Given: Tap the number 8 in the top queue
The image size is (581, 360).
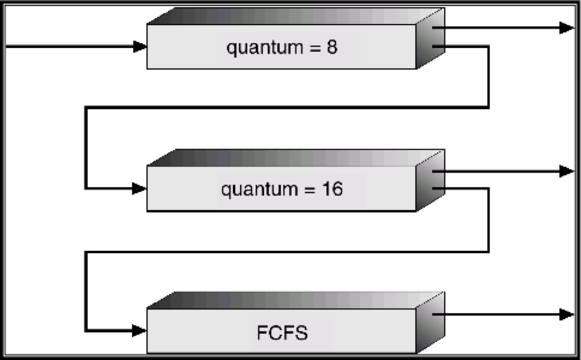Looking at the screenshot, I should (332, 47).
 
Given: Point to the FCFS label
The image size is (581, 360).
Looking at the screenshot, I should (282, 332).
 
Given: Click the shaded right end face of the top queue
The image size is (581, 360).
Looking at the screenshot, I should (430, 42).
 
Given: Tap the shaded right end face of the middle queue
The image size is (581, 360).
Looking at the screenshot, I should (430, 185).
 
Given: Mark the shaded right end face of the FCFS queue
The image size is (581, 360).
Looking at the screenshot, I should (430, 327).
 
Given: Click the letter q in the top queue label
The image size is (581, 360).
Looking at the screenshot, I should (231, 49).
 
